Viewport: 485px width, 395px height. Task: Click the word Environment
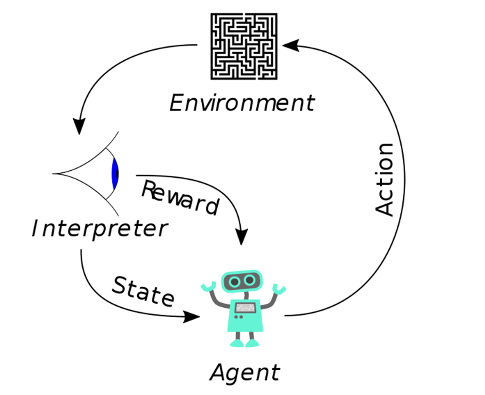242,103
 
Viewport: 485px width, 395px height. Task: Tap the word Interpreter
100,229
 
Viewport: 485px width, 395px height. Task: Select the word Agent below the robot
245,373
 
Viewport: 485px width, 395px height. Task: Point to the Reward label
181,198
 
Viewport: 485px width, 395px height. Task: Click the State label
143,291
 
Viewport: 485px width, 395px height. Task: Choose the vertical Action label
384,179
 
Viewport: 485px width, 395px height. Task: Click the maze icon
244,46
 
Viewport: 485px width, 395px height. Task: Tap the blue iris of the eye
115,173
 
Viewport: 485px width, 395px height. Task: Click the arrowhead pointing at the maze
291,45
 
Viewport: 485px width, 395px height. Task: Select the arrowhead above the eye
79,126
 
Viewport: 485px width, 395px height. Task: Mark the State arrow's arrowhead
192,317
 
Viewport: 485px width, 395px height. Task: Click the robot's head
242,281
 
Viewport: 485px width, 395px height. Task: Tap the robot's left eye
235,282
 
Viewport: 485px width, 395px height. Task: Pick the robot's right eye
249,281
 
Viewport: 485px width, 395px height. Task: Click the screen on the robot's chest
246,308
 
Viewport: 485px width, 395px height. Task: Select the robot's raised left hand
208,287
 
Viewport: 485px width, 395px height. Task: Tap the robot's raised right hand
279,289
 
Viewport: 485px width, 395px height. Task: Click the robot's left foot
237,343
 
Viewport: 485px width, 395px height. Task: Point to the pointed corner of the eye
53,174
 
